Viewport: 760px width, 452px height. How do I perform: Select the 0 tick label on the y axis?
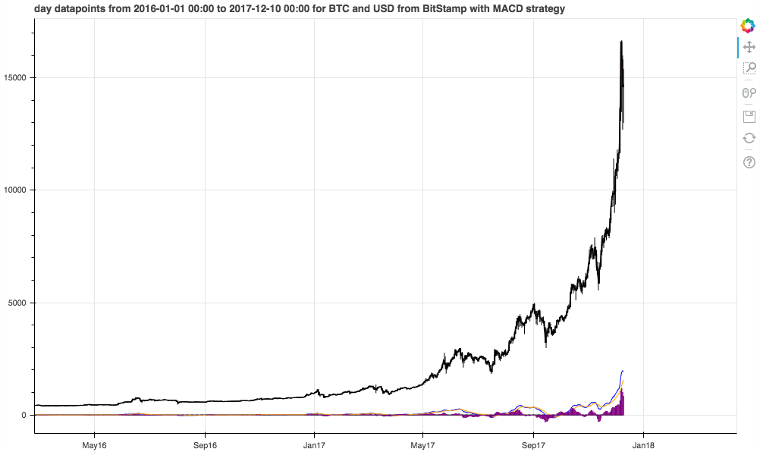click(x=26, y=415)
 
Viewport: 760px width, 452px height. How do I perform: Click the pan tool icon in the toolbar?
click(x=749, y=47)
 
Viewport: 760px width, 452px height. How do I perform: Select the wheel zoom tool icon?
click(x=749, y=93)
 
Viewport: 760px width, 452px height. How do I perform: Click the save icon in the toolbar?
click(x=749, y=116)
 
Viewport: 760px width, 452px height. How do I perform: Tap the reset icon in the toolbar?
click(x=749, y=139)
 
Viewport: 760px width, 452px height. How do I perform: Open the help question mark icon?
click(x=749, y=162)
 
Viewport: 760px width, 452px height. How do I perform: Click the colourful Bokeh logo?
click(x=749, y=24)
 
